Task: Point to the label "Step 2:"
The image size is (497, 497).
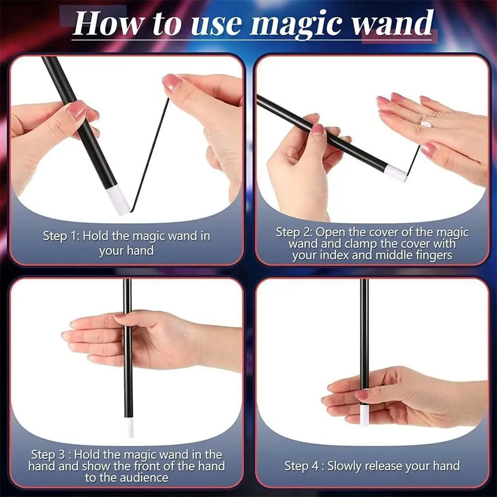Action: [295, 232]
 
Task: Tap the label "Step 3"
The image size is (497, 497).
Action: [50, 454]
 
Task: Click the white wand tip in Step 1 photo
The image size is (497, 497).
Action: [118, 202]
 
